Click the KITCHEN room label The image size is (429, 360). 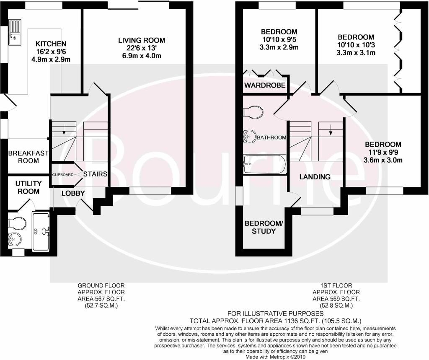51,44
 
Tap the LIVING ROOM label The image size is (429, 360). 142,40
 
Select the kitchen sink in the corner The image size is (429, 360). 15,32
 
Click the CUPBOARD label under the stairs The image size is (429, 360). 63,174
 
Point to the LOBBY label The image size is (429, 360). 73,193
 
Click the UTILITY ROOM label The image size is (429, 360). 28,187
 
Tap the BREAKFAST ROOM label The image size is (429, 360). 28,157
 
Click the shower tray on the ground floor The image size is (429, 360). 41,232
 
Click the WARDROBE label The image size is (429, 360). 265,85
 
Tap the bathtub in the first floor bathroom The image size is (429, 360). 265,164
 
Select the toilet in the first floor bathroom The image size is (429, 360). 253,112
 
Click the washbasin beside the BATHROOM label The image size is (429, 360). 249,136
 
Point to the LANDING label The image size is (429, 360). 315,177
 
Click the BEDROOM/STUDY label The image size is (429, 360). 264,227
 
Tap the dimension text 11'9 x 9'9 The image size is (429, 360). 383,152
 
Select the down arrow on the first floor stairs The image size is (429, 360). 331,130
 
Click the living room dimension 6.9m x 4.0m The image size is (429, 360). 142,56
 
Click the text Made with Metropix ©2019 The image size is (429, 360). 275,357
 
